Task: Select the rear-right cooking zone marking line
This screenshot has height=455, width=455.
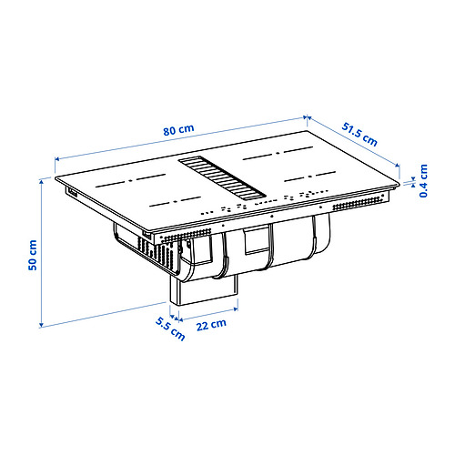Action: pos(277,149)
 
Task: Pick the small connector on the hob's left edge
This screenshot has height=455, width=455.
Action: pos(69,193)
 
